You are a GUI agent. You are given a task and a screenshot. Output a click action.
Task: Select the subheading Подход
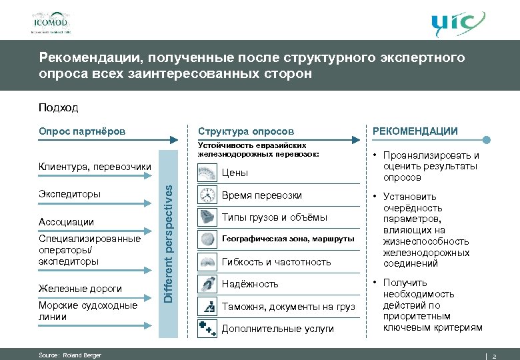[58, 107]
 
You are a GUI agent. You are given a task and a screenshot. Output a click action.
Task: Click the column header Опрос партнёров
[82, 131]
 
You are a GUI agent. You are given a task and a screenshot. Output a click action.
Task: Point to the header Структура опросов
[246, 131]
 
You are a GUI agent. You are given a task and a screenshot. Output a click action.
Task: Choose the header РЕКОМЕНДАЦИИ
[415, 131]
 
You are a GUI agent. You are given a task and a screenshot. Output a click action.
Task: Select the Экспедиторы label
[70, 194]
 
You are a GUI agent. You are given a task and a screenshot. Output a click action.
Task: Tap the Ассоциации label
[66, 221]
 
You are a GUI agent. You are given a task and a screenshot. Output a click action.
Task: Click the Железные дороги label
[80, 289]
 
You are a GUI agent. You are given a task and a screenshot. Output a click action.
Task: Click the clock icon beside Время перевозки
[207, 195]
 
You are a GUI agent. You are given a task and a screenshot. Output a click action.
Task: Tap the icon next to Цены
[207, 173]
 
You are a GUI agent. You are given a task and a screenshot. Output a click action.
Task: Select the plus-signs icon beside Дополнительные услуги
[207, 328]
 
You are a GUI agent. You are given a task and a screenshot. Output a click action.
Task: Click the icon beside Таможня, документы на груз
[207, 306]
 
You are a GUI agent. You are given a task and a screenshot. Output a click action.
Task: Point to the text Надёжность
[250, 284]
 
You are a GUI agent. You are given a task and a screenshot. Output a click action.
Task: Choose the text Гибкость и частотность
[276, 262]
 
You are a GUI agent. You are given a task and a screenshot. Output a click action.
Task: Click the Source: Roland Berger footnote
[70, 355]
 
